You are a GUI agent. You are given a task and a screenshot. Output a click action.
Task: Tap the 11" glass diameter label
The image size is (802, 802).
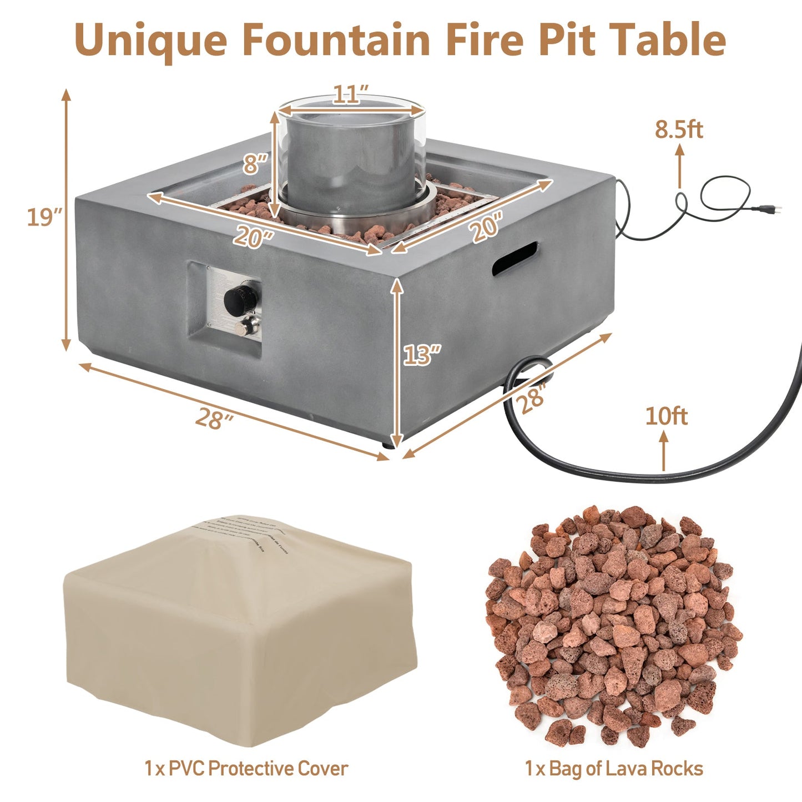point(351,94)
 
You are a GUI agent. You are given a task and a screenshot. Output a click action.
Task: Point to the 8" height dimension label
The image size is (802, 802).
point(255,164)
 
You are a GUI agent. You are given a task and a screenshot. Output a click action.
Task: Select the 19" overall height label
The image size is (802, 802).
point(44,217)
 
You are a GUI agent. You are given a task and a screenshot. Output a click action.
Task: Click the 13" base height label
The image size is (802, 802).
point(422,355)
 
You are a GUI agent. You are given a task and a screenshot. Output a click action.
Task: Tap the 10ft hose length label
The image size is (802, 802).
point(666,416)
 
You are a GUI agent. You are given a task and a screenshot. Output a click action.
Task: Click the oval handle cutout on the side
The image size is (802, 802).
point(516,258)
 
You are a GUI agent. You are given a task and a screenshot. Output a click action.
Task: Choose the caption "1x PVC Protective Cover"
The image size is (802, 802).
point(246,769)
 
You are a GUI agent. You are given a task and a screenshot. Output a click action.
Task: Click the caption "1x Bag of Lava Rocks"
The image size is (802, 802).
point(614,769)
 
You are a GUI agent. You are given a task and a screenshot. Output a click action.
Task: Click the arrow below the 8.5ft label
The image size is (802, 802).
point(679,167)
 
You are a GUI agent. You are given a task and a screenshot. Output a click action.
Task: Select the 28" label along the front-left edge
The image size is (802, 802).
point(214,418)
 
